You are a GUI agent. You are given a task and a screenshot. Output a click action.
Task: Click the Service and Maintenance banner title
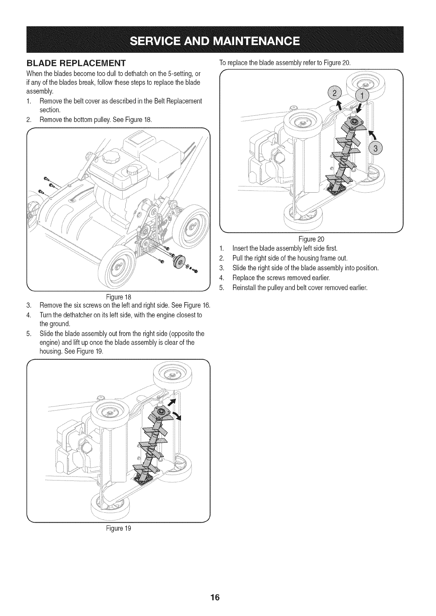218,39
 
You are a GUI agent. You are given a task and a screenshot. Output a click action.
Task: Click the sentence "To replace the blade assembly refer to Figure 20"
285,62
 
